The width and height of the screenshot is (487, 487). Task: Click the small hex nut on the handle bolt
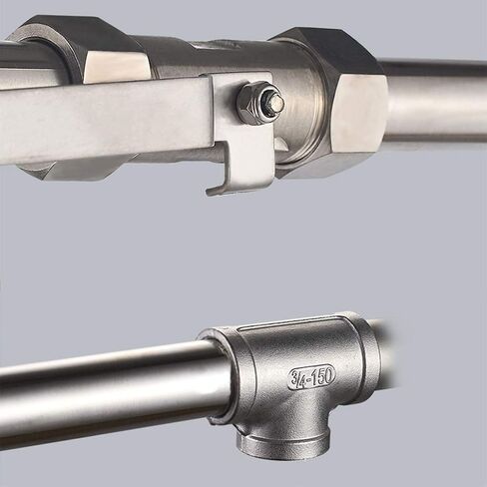[252, 103]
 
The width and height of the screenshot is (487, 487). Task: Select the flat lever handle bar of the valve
[106, 120]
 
